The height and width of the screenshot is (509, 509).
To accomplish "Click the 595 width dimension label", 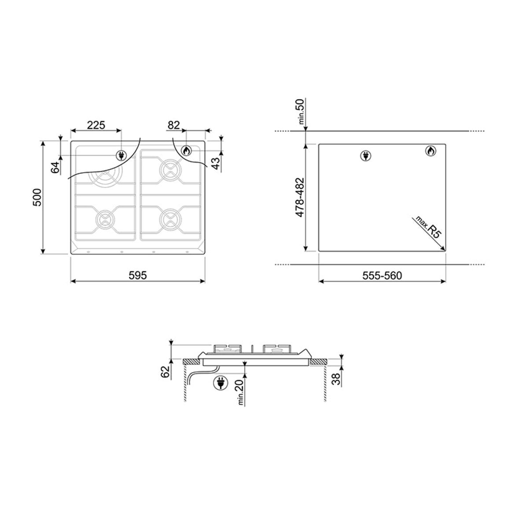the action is point(138,275).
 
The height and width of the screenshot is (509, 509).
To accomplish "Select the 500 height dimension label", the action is point(38,197).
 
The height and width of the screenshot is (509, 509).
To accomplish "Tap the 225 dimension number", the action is point(96,125).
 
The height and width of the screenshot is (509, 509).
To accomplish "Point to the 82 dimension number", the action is point(173,125).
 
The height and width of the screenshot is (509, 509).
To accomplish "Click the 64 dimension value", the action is point(55,167).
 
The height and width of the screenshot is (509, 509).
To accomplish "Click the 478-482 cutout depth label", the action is point(299,197).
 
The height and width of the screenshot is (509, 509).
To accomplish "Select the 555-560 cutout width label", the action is point(382,276).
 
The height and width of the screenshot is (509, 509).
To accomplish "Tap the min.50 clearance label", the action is point(301,111).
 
